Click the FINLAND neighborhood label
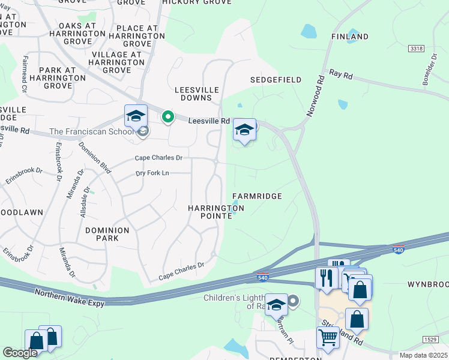(x=350, y=37)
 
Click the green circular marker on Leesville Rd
(x=169, y=117)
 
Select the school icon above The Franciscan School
(x=136, y=115)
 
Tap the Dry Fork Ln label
(x=153, y=173)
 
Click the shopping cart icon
(x=328, y=337)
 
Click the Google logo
(x=20, y=353)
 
